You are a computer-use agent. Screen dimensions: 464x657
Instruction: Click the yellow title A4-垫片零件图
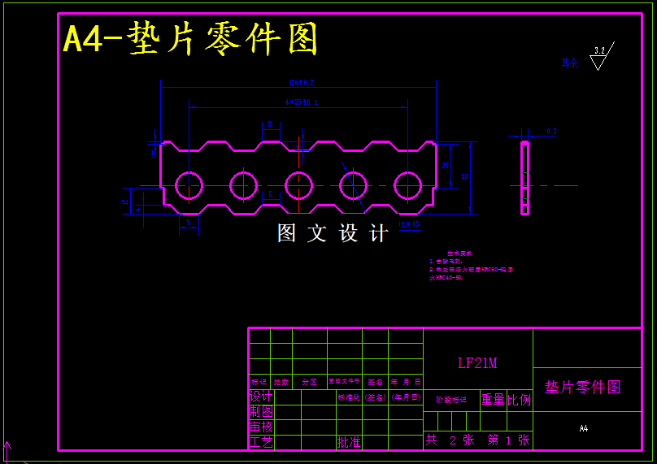(190, 39)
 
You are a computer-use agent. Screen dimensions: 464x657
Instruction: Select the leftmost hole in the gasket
(189, 186)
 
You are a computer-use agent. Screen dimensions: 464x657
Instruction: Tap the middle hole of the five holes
(298, 186)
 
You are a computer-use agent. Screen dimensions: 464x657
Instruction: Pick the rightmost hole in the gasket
(408, 186)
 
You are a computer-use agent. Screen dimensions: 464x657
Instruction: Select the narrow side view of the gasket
(525, 178)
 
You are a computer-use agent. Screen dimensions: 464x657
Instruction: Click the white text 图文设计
(333, 234)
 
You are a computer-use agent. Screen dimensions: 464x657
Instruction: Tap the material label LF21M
(477, 363)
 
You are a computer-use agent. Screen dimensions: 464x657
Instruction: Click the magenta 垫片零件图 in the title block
(582, 387)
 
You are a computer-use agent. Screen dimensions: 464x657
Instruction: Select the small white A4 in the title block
(583, 428)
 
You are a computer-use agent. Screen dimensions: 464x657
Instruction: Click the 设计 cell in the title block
(261, 397)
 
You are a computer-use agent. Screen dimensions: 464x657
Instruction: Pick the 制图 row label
(261, 412)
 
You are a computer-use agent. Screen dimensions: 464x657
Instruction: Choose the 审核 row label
(261, 427)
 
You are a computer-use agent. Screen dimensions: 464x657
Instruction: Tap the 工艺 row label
(261, 442)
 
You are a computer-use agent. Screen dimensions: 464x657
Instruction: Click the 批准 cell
(349, 442)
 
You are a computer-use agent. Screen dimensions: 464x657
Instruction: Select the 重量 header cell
(493, 399)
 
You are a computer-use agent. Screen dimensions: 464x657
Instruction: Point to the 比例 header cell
(519, 399)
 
